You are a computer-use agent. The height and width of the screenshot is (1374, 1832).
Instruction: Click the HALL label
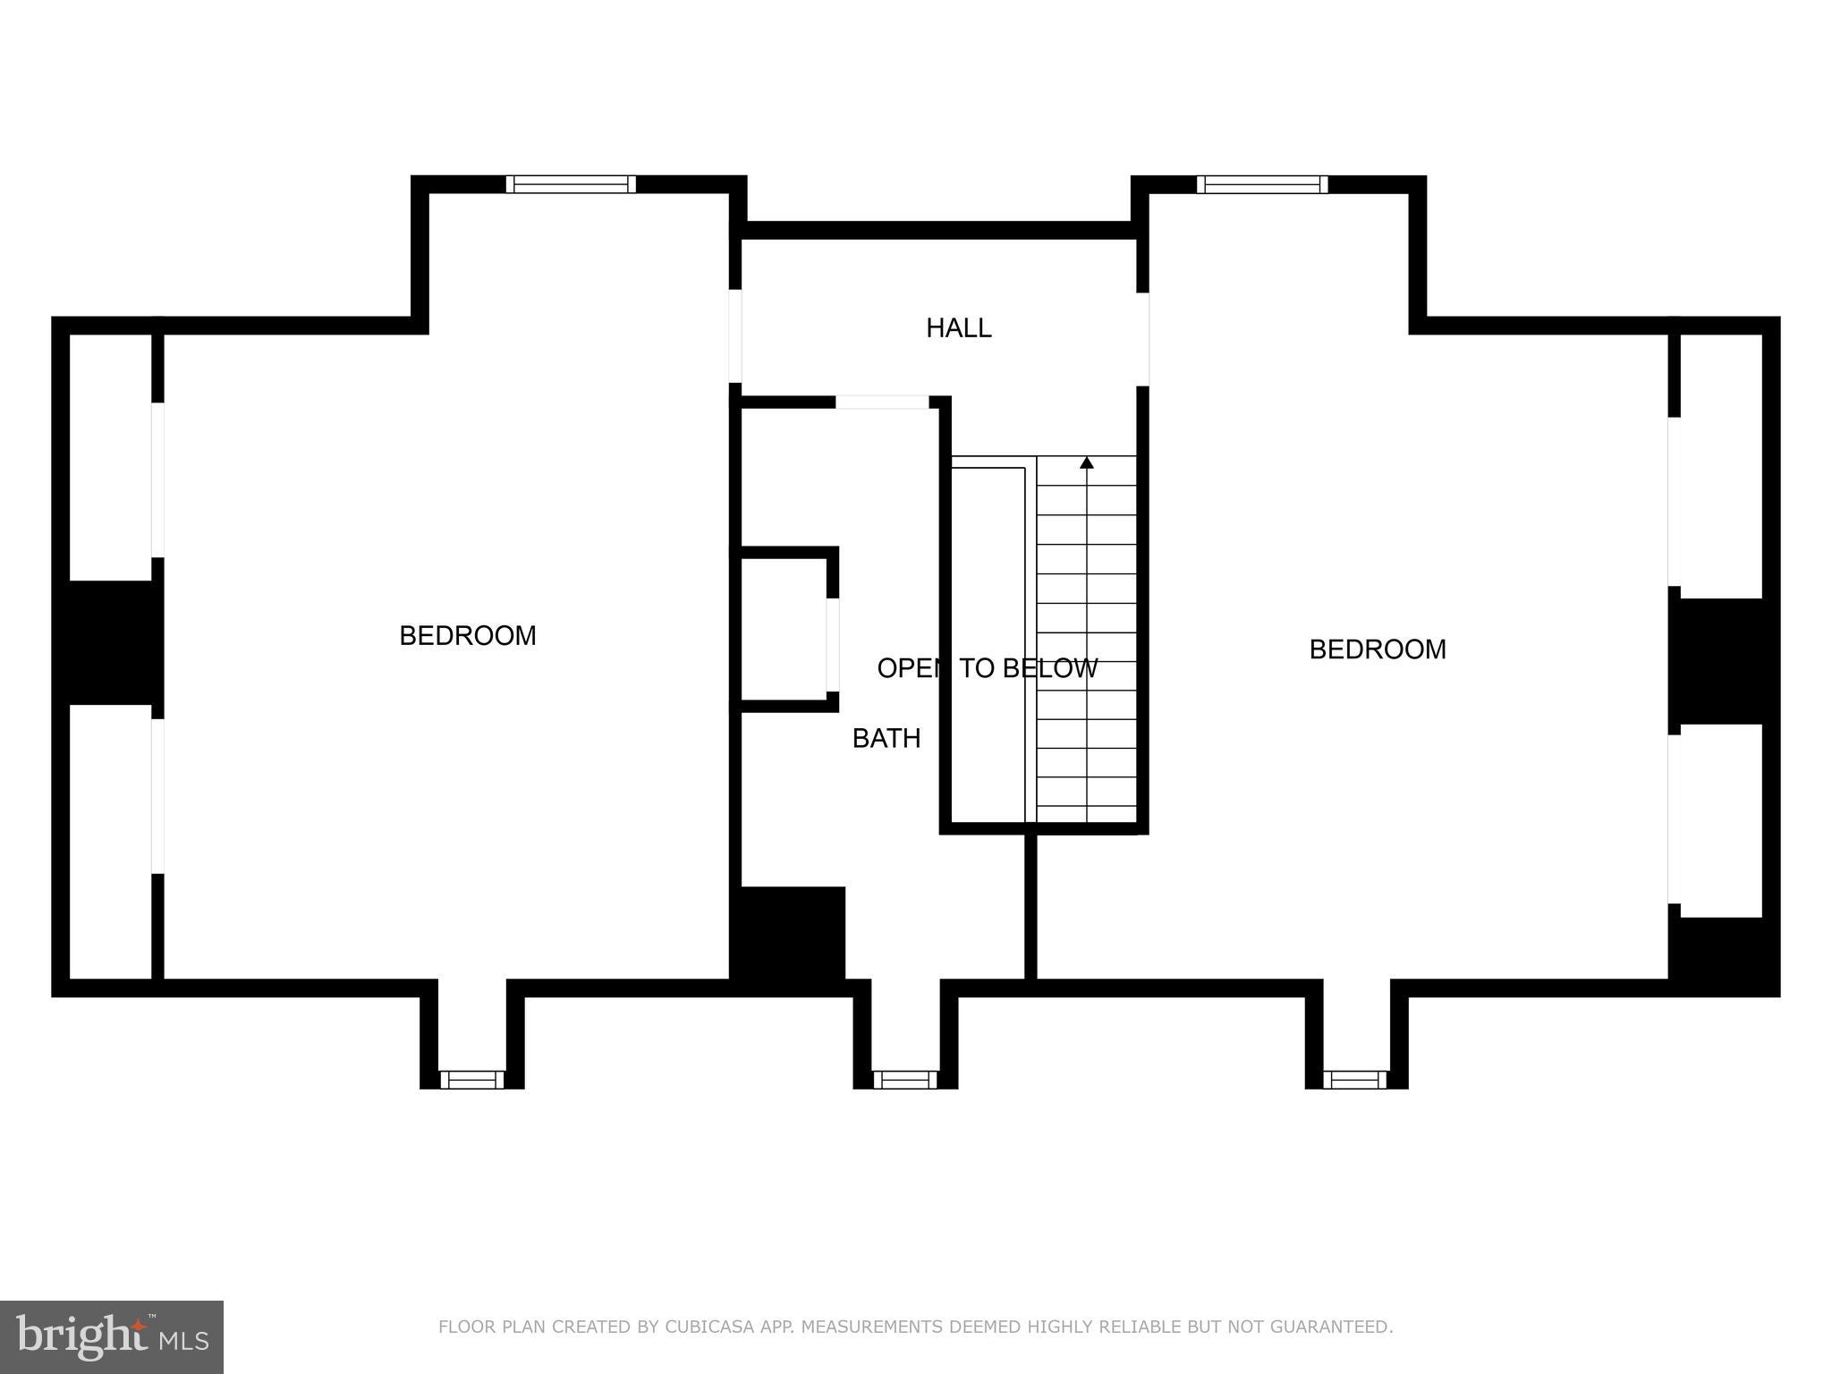(958, 328)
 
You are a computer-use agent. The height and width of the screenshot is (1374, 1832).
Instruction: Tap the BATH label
(886, 738)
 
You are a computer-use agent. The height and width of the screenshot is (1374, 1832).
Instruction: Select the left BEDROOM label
(467, 635)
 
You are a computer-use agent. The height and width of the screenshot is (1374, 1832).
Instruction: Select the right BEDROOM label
(1377, 649)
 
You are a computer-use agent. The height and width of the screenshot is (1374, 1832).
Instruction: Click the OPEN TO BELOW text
(987, 668)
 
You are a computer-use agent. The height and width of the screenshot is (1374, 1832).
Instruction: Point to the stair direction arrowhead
(1086, 462)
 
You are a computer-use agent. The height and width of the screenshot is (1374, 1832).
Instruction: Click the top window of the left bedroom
(571, 184)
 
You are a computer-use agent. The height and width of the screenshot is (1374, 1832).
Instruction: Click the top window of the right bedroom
(1262, 184)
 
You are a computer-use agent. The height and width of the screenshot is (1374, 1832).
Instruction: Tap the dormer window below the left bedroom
(471, 1080)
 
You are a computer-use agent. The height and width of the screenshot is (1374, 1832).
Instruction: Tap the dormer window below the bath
(904, 1080)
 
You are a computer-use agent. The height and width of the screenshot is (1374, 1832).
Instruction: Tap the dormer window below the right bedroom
(1355, 1080)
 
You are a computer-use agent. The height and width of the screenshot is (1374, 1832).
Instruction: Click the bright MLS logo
(111, 1336)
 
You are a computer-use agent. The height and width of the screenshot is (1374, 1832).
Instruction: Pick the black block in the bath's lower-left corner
(789, 935)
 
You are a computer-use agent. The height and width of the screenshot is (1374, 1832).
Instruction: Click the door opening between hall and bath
(882, 403)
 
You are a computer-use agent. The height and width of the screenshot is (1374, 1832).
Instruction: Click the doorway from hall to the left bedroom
(735, 335)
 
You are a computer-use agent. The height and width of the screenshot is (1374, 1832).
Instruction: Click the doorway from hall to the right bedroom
(1142, 339)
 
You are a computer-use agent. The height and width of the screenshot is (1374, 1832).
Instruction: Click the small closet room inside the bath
(783, 630)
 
